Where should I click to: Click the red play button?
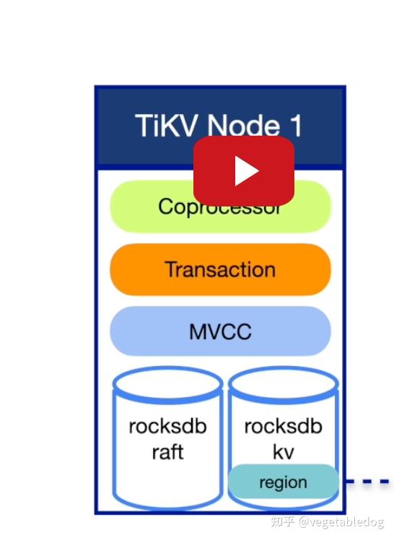point(243,171)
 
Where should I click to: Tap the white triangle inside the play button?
point(245,172)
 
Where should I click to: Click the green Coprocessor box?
point(144,207)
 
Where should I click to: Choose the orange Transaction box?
point(220,269)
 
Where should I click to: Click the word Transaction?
point(220,269)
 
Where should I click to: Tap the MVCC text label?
point(220,331)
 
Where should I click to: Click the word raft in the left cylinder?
point(167,452)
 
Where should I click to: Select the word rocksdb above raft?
point(167,426)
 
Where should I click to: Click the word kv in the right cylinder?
point(283,452)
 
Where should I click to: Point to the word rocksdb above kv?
point(283,426)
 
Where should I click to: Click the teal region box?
point(283,482)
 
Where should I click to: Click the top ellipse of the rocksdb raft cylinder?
point(167,383)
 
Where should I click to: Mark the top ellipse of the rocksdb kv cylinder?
point(283,383)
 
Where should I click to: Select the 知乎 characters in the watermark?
point(282,521)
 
